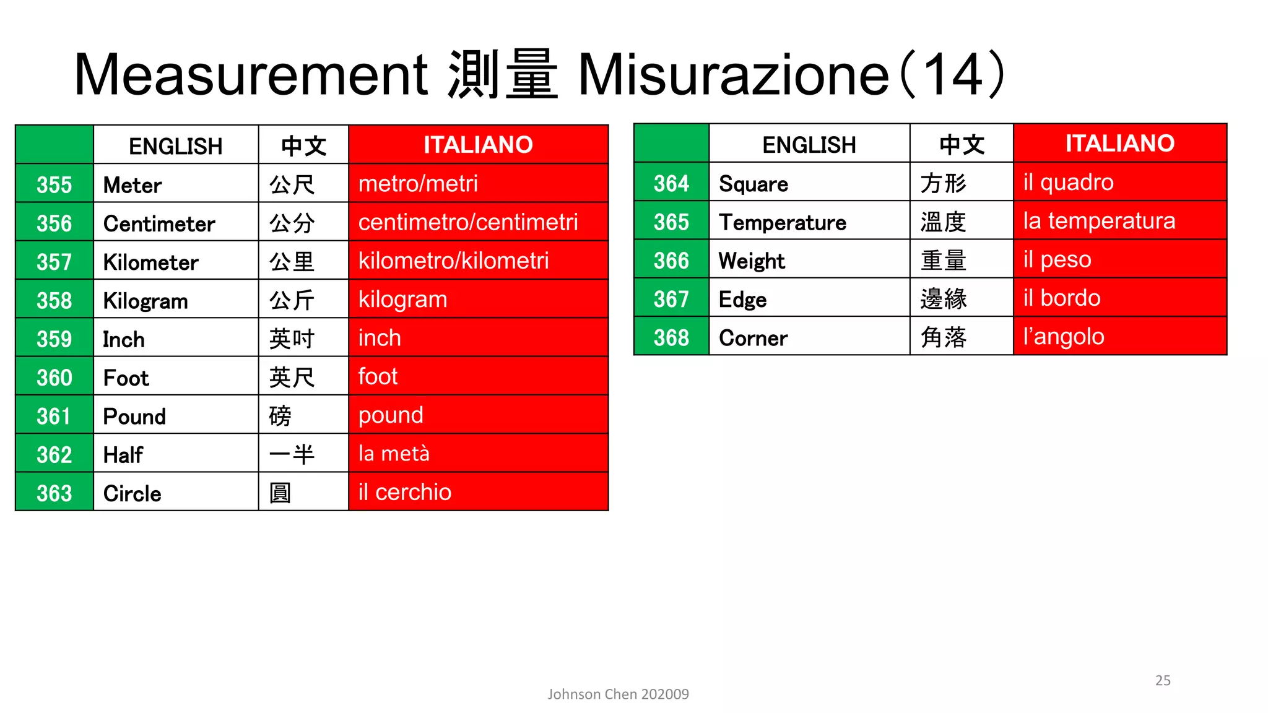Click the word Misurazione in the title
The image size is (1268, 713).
[733, 75]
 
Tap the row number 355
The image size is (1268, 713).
[54, 184]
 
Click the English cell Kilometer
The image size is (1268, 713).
[150, 262]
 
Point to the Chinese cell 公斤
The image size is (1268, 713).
[292, 300]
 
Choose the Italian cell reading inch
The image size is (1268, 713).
[380, 338]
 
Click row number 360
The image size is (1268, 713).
[54, 378]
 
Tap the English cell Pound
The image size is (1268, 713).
[134, 416]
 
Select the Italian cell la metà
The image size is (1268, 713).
[394, 454]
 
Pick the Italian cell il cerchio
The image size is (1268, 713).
[405, 492]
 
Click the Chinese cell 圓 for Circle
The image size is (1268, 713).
[280, 493]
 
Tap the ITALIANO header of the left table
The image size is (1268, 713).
[478, 145]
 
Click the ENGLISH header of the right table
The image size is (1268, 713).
[809, 145]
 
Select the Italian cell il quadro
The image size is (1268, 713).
[1068, 182]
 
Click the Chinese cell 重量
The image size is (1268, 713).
[943, 260]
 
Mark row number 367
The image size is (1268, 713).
[671, 299]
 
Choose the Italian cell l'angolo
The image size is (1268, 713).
[1063, 337]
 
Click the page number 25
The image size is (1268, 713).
[1163, 680]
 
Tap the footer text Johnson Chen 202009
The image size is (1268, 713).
[618, 694]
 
